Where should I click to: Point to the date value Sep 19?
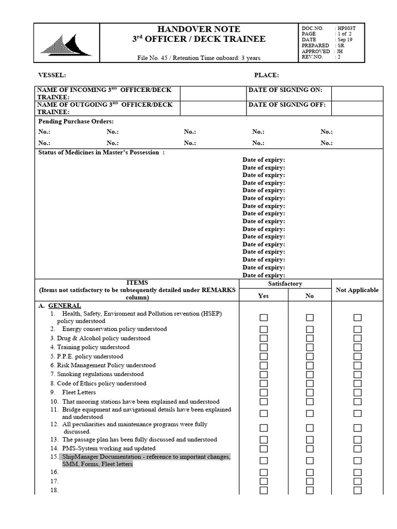click(345, 39)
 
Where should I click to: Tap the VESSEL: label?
click(52, 75)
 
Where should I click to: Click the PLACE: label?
click(266, 75)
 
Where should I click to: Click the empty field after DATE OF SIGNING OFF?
click(357, 108)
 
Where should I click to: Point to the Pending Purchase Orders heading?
click(76, 121)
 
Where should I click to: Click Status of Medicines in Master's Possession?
click(101, 153)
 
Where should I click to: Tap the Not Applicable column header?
click(357, 290)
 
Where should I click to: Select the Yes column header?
click(263, 296)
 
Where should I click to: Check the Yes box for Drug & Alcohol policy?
click(264, 338)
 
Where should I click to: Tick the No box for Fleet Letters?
click(310, 393)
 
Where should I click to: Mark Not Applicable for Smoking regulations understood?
click(357, 375)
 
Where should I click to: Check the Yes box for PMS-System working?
click(264, 448)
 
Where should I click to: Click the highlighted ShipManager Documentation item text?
click(145, 461)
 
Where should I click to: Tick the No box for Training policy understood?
click(310, 347)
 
